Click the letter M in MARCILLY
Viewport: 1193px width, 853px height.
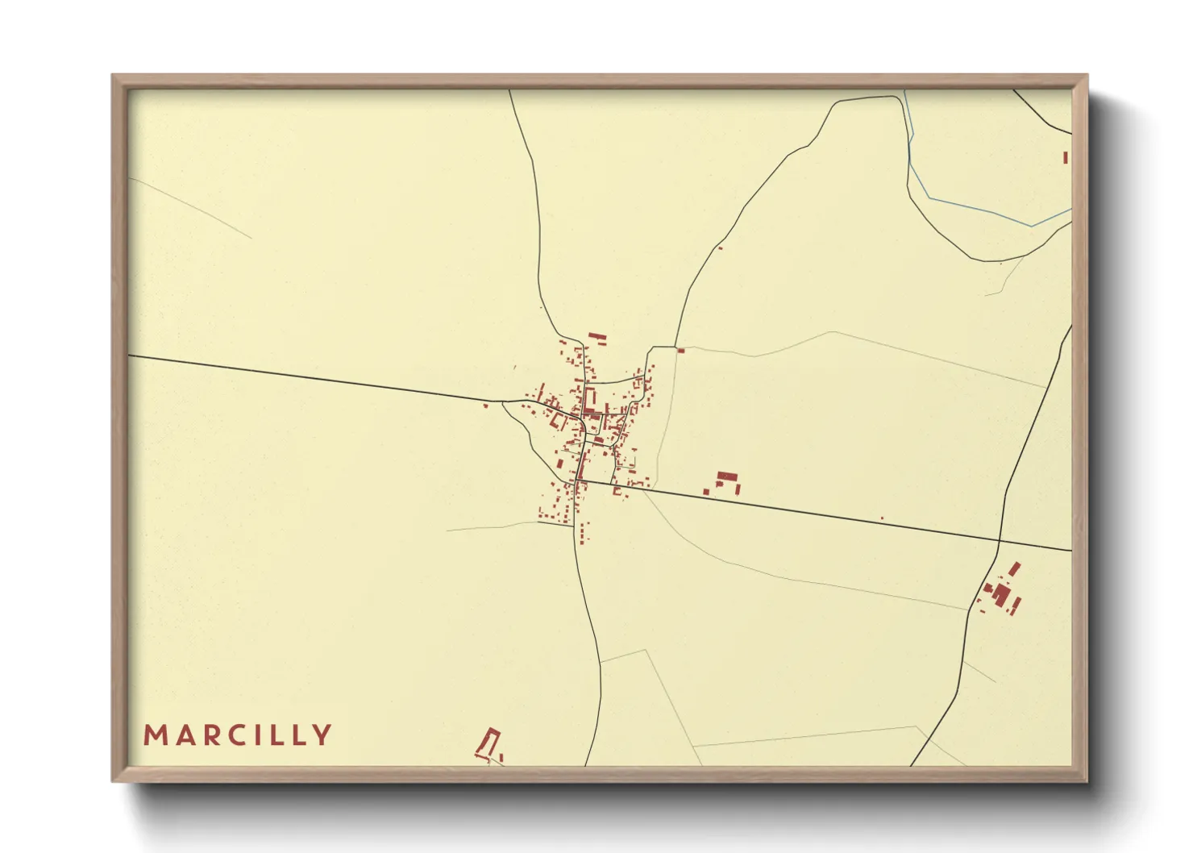[154, 735]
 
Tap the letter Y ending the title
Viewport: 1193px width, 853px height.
[322, 735]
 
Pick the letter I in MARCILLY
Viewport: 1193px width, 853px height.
[264, 735]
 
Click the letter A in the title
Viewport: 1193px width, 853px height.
[182, 735]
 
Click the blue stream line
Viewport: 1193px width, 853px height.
[967, 206]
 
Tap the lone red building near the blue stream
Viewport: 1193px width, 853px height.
[1065, 157]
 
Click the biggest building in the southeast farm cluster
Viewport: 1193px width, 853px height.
[1001, 595]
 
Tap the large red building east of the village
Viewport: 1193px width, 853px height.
[727, 478]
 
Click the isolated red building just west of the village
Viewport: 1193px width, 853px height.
[485, 406]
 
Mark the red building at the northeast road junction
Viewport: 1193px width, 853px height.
[680, 350]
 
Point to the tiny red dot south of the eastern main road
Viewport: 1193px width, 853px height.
[882, 518]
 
